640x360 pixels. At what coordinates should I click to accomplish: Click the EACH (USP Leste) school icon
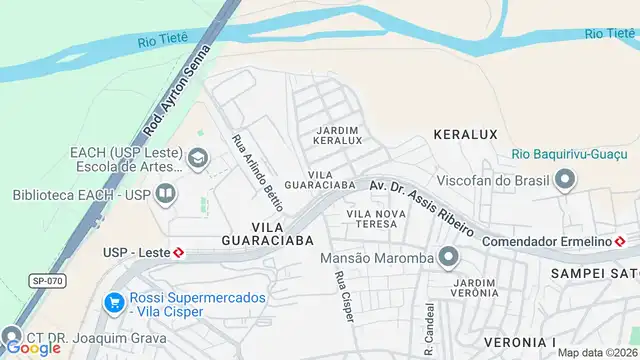click(198, 159)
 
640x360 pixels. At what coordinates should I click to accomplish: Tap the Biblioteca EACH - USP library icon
click(165, 194)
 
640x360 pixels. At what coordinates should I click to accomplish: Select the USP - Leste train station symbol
click(178, 253)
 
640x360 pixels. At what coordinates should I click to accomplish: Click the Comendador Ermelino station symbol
click(620, 242)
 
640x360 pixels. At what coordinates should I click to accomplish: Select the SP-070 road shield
click(46, 281)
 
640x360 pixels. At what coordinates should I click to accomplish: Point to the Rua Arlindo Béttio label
click(257, 171)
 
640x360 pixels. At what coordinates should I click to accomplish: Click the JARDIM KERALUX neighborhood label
click(338, 135)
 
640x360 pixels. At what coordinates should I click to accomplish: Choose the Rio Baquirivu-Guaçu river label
click(568, 153)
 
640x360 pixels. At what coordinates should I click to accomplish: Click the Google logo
click(33, 347)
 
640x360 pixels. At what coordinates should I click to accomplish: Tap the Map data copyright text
click(598, 352)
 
